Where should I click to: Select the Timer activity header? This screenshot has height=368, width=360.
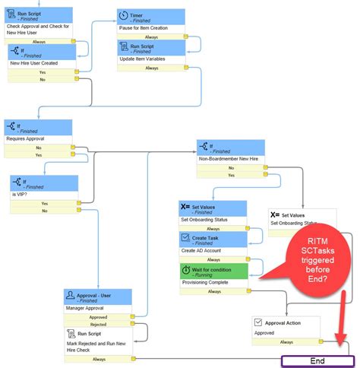152,17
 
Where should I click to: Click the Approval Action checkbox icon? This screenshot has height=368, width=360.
260,323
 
